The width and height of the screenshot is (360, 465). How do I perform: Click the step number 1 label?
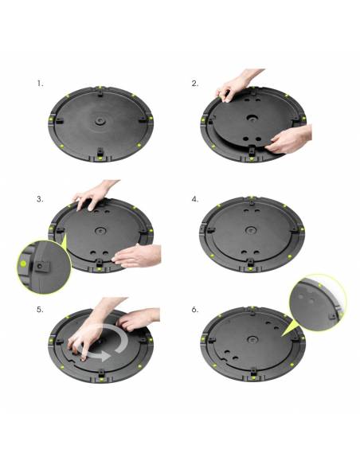[40, 82]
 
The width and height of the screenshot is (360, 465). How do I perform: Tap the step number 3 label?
[40, 199]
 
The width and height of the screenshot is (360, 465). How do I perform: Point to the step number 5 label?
[40, 309]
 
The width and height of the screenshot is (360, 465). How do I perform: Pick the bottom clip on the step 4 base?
[253, 262]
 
